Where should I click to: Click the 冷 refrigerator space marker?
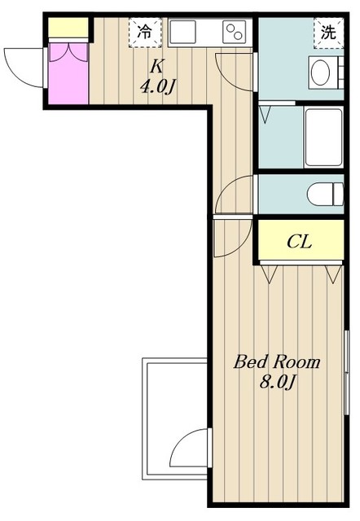145,33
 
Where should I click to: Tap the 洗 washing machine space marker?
328,33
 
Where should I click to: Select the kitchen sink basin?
182,32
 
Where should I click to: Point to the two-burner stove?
235,32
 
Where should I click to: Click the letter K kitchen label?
156,67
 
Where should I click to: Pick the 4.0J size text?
157,87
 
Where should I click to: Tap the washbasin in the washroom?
321,72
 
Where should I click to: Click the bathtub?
323,138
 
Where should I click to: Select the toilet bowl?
325,194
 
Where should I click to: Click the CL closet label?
299,242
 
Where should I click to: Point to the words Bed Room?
277,361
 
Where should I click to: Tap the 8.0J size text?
277,382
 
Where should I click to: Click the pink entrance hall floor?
68,74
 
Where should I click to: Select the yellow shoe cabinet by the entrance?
68,27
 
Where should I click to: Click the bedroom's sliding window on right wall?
346,373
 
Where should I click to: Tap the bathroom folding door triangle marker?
266,114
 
